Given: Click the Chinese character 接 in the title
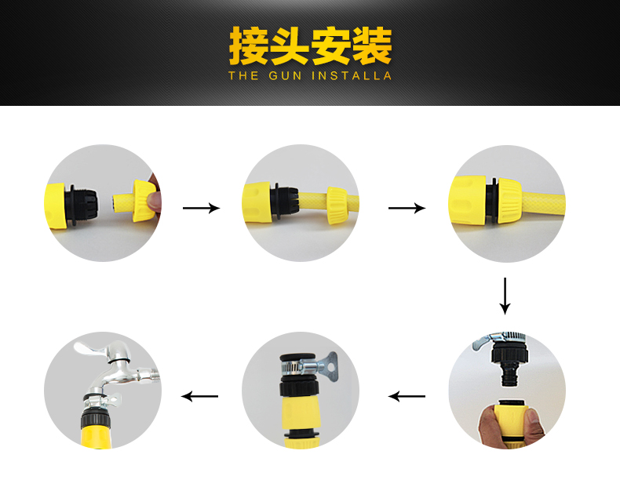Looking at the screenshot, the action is tap(248, 45).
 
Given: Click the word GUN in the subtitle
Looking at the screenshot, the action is tap(285, 75).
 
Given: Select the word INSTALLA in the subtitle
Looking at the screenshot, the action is tap(352, 75).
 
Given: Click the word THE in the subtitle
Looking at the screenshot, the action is tap(243, 75).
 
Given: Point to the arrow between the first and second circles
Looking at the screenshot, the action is tap(201, 208).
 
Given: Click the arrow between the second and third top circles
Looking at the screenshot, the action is tap(407, 208).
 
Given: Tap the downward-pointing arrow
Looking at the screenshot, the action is tap(505, 296).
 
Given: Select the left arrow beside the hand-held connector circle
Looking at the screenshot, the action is tap(407, 396).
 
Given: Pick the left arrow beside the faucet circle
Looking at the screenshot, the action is tap(199, 396).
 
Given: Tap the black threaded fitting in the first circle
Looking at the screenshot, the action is tap(83, 205).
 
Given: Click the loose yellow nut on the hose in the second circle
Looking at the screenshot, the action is tap(337, 205).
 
